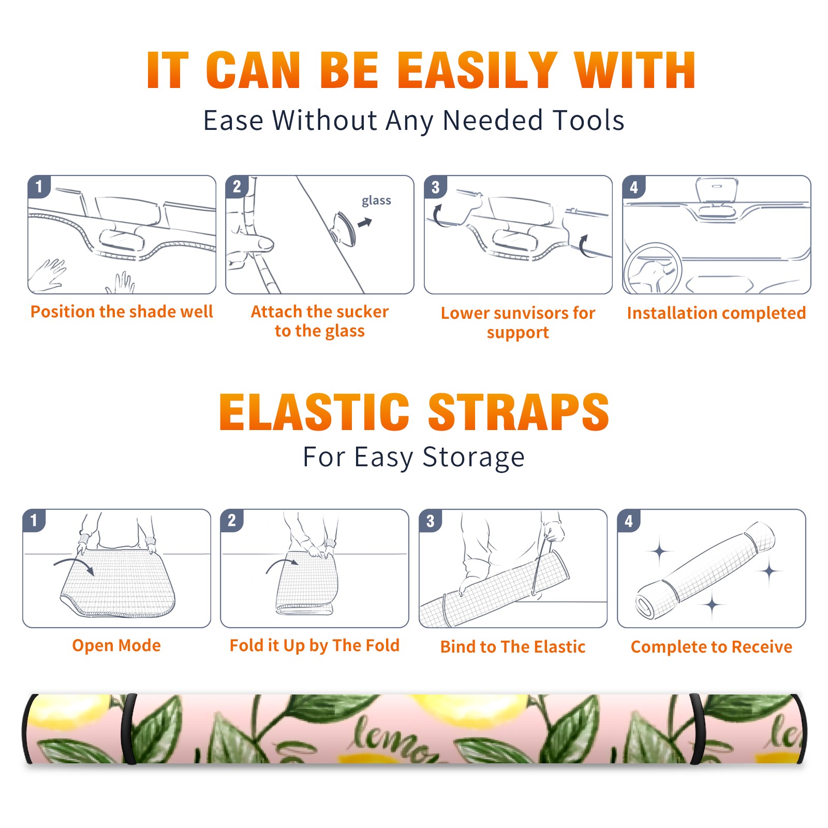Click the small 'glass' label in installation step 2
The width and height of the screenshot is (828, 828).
pyautogui.click(x=376, y=201)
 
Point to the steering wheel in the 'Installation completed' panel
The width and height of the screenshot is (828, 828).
pyautogui.click(x=653, y=269)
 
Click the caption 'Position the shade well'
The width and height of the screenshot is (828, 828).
pyautogui.click(x=122, y=312)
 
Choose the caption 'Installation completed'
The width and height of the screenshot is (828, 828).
pyautogui.click(x=716, y=313)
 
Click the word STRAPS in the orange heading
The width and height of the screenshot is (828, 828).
pyautogui.click(x=519, y=412)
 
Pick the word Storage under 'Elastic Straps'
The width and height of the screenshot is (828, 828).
pyautogui.click(x=474, y=457)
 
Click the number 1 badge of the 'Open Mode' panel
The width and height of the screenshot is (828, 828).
pyautogui.click(x=34, y=520)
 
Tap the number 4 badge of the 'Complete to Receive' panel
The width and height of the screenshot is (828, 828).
pyautogui.click(x=629, y=521)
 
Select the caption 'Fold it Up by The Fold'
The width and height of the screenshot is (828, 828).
pyautogui.click(x=315, y=646)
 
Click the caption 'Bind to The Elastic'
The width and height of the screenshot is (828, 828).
pyautogui.click(x=513, y=647)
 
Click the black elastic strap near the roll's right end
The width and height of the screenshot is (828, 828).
pyautogui.click(x=697, y=730)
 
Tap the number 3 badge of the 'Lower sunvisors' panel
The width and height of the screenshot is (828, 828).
pyautogui.click(x=435, y=187)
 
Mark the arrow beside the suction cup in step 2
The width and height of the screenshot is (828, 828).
pyautogui.click(x=365, y=223)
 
